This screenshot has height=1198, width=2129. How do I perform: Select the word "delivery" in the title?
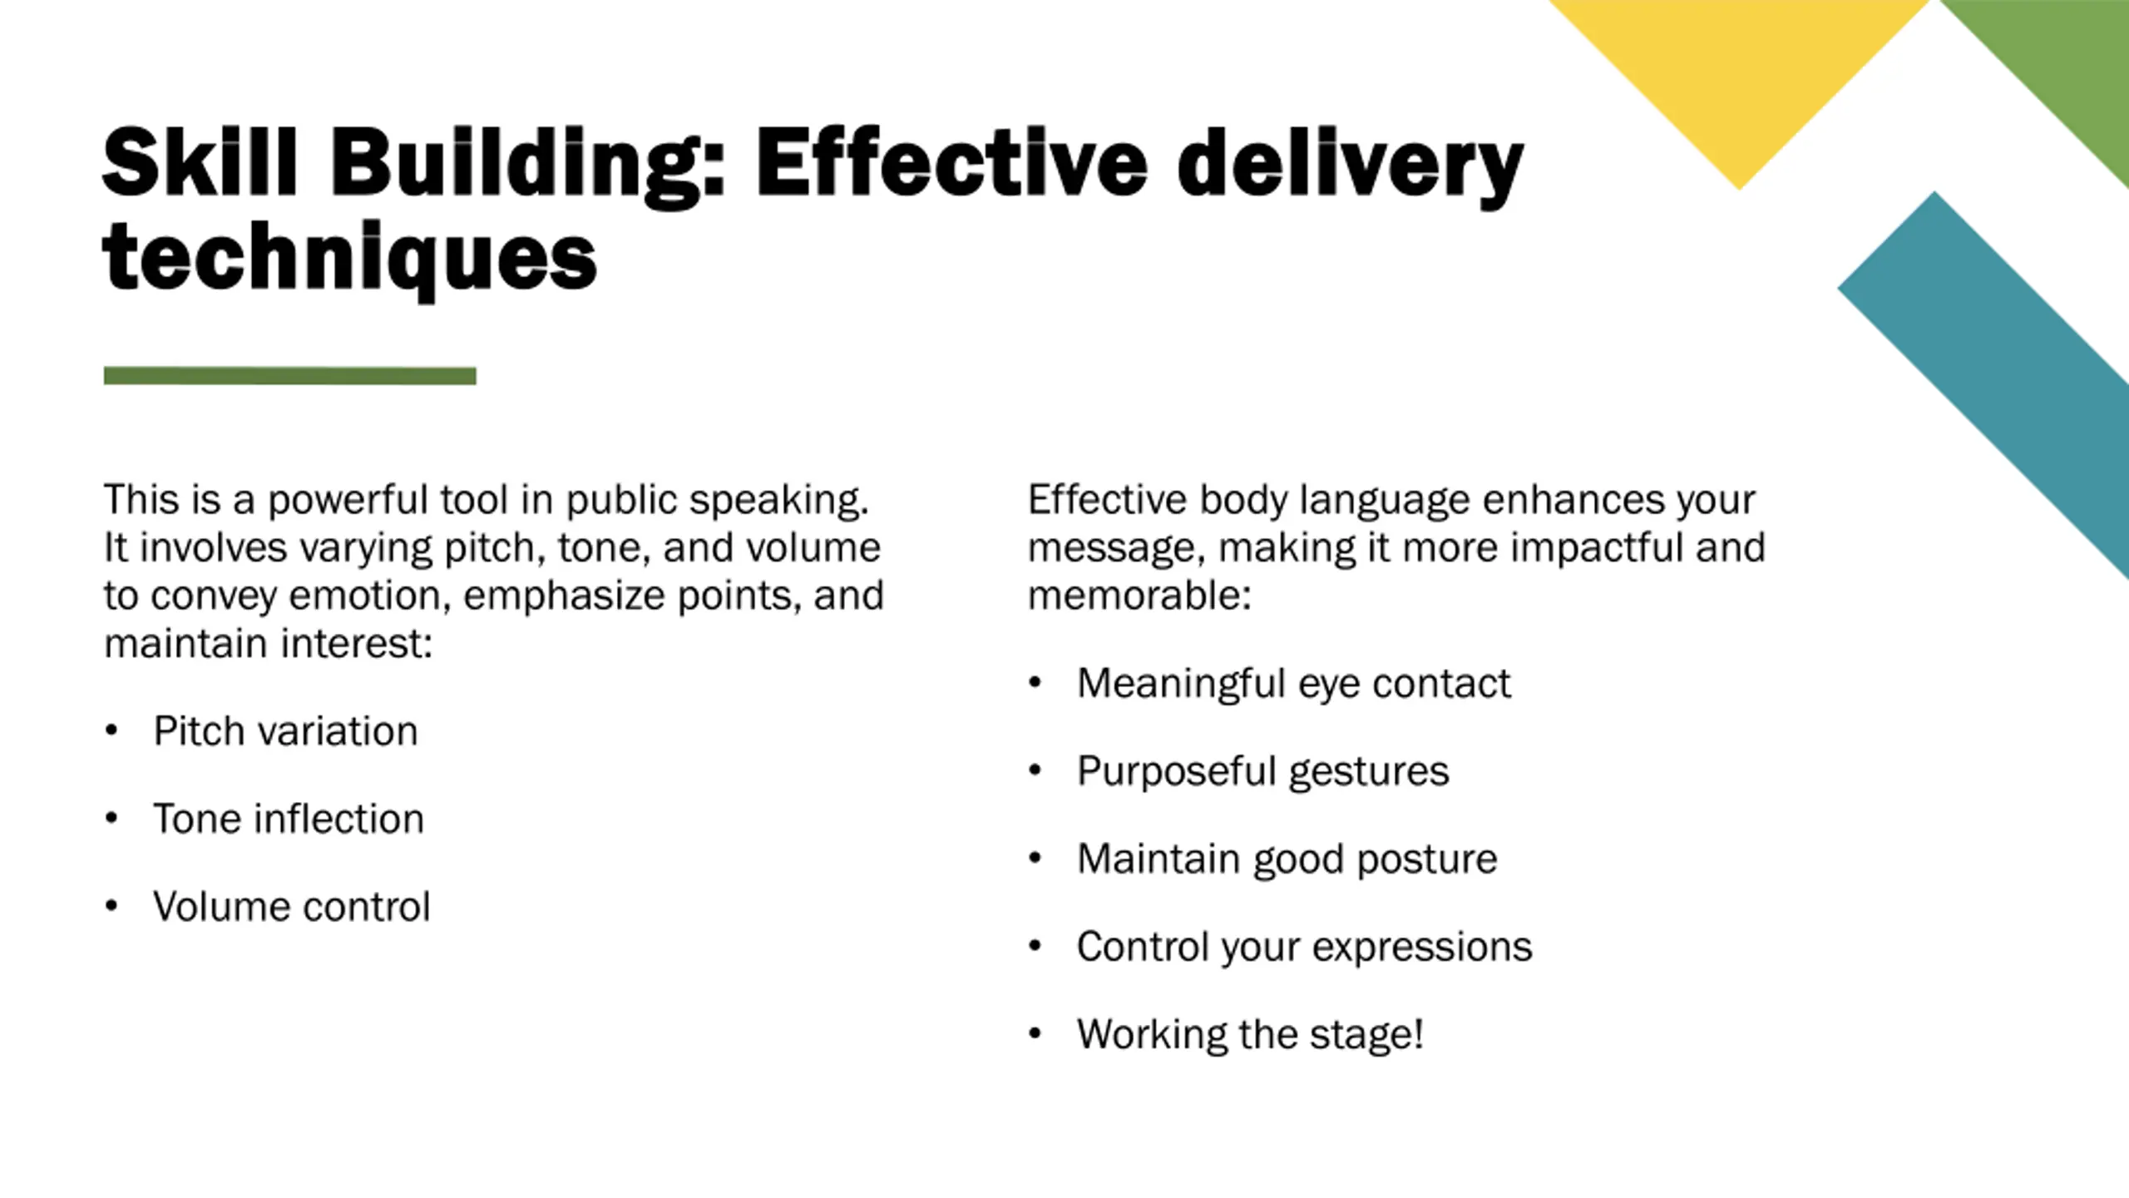tap(1349, 166)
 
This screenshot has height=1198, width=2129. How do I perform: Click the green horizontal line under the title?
tap(289, 376)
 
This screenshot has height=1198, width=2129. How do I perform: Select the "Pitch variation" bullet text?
tap(285, 731)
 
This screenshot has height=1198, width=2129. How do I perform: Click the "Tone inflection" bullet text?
tap(289, 819)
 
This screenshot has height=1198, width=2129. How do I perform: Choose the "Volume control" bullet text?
tap(292, 906)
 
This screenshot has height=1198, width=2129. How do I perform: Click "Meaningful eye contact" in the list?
tap(1293, 683)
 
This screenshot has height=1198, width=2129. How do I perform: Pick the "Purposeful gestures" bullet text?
tap(1262, 770)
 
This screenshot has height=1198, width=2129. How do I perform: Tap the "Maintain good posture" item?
tap(1287, 859)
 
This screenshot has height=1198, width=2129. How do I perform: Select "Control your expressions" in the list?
tap(1304, 946)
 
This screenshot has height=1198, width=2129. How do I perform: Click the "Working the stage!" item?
tap(1250, 1034)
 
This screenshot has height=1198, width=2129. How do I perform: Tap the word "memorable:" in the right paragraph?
tap(1139, 596)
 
